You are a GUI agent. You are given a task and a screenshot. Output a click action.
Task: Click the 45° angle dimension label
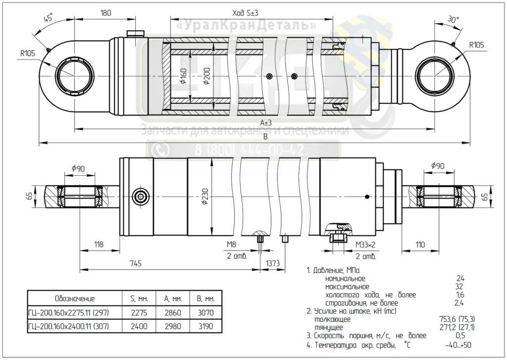[48, 17]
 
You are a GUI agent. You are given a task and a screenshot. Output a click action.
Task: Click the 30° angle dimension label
[453, 20]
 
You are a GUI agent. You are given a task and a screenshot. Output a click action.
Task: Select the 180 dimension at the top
[106, 13]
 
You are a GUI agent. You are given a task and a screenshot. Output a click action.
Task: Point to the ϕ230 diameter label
[205, 197]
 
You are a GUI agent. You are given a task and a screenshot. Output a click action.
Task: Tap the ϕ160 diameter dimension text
[183, 76]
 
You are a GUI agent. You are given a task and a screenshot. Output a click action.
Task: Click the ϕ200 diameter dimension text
[206, 76]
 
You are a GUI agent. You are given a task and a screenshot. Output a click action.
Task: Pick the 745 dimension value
[136, 263]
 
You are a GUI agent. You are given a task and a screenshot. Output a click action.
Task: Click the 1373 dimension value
[273, 263]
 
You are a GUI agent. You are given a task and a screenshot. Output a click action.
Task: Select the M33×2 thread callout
[365, 245]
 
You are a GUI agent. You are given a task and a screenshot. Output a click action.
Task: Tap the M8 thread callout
[231, 245]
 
